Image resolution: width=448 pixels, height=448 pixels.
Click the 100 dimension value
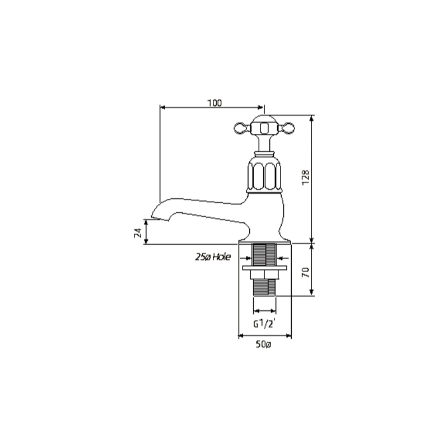[214, 103]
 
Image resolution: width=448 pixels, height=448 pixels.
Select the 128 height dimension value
[305, 178]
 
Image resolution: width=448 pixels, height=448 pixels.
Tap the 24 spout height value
[138, 232]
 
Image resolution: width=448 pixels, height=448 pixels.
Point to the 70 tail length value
[305, 272]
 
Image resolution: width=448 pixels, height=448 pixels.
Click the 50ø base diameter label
[263, 344]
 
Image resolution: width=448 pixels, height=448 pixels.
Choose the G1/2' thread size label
[264, 324]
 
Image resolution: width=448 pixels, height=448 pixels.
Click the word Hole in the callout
[221, 257]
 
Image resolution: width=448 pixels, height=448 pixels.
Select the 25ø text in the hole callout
[203, 257]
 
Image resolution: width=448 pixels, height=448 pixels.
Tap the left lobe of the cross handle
[242, 128]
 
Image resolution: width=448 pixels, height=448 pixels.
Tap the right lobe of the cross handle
[287, 128]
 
